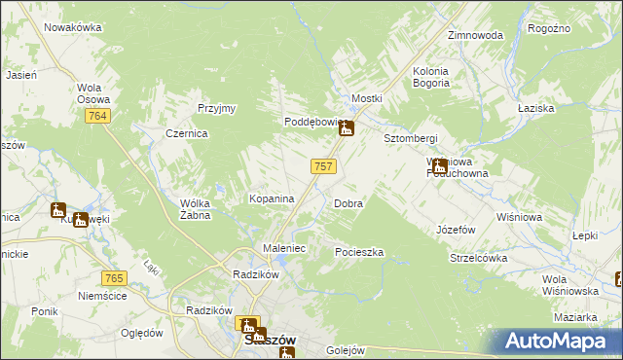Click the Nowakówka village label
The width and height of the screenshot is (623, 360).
73,27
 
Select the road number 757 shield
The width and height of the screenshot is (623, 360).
324,166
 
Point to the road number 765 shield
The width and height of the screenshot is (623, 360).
114,279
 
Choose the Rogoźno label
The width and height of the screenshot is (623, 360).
548,29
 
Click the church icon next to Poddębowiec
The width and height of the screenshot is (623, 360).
346,126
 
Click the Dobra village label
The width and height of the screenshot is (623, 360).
348,204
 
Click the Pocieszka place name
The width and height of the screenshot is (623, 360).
359,252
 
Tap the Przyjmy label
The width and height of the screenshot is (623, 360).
217,108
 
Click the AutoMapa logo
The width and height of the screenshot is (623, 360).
560,341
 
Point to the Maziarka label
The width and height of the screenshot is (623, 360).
575,318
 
